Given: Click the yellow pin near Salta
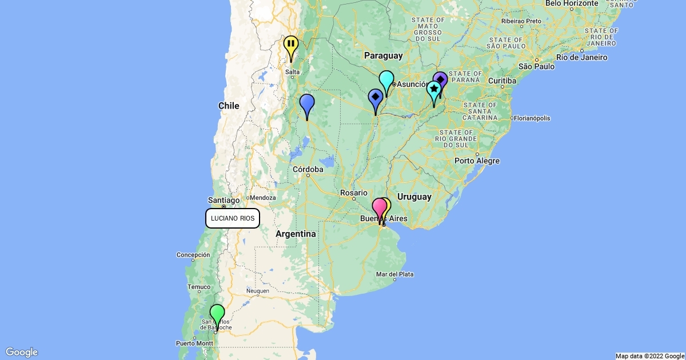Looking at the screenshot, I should coord(291,45).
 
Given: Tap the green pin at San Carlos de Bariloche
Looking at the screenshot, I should coord(217,314).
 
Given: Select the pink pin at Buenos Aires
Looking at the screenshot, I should coord(379,207).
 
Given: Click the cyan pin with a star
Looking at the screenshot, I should coord(434,89).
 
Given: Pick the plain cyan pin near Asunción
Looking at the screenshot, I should coord(386,79).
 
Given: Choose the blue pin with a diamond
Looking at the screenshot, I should coord(376,98).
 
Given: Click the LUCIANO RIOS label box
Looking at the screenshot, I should coord(233,218).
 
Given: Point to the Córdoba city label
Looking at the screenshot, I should coord(308,169).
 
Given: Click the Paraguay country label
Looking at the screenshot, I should coord(383,55).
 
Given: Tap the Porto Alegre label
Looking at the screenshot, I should coord(477,161).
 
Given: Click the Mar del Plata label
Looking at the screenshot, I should coord(394,274).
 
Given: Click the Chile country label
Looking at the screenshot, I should coord(229,106).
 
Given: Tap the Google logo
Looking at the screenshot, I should coord(22,352).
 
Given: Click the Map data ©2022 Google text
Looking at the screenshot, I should coord(649,356).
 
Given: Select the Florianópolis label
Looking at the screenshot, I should coord(532,118).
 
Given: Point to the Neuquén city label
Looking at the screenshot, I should coord(257,291).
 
